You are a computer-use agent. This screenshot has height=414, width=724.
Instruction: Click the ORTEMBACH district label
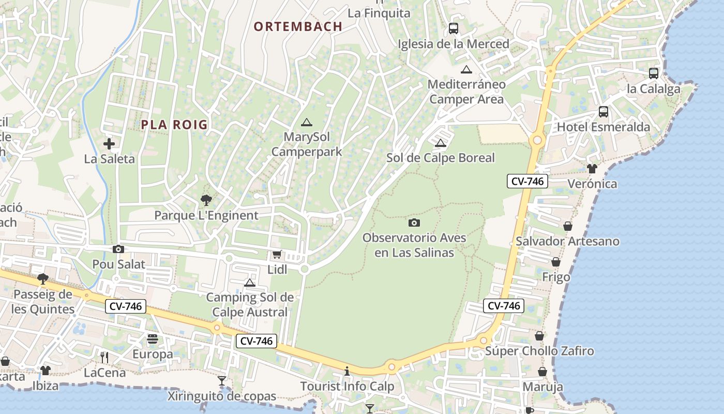coord(298,26)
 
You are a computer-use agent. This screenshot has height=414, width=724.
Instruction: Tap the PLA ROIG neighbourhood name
coord(174,124)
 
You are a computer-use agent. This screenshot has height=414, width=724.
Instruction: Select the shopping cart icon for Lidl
coord(277,255)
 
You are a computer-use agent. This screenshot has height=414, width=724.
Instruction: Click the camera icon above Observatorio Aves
coord(414,223)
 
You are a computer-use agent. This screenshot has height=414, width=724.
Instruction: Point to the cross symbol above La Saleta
coord(109,143)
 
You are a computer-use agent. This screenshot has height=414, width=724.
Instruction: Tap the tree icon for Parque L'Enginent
coord(206,200)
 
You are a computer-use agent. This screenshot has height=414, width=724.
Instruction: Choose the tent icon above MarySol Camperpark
coord(307,123)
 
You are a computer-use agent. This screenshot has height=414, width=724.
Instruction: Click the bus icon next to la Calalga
coord(654,73)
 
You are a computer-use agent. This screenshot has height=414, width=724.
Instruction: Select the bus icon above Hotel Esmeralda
coord(603,111)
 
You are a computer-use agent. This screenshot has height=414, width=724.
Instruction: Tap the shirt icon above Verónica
coord(592,168)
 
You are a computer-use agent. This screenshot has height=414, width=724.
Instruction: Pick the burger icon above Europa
coord(153,339)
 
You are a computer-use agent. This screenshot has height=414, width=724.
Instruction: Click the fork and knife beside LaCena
coord(104,357)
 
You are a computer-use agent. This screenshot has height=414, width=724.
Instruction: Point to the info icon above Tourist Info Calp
coord(347,371)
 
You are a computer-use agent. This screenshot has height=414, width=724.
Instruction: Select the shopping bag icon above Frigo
coord(556,262)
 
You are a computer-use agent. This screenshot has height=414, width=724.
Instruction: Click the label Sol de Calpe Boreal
coord(441,158)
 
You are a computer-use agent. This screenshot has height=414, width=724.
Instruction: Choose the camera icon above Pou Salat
coord(118,249)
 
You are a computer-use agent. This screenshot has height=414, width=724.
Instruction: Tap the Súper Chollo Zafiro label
coord(539,351)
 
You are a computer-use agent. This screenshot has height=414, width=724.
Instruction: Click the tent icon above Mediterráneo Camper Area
coord(466,69)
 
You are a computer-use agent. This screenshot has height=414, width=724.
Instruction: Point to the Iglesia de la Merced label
coord(454,44)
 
